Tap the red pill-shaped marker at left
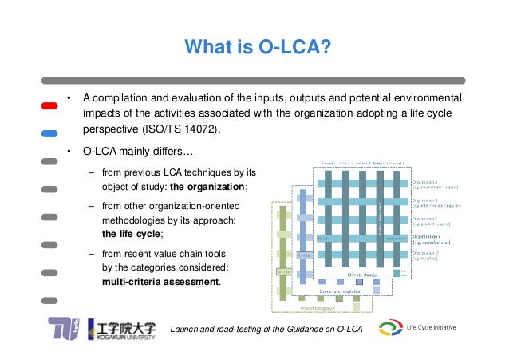pyautogui.click(x=49, y=105)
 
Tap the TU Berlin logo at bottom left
pyautogui.click(x=64, y=330)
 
